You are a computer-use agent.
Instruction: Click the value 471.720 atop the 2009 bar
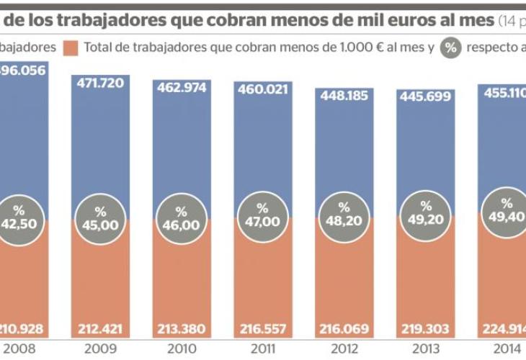click(100, 83)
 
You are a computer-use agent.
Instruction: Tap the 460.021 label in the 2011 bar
click(262, 90)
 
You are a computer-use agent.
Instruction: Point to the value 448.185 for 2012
click(344, 96)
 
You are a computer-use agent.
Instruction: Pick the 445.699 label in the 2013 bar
click(425, 97)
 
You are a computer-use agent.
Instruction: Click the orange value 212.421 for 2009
click(100, 330)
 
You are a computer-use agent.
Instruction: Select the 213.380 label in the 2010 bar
click(181, 330)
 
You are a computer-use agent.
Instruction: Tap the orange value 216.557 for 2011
click(262, 330)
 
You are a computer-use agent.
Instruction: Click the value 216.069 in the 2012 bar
click(344, 330)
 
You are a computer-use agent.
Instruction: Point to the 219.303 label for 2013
click(425, 330)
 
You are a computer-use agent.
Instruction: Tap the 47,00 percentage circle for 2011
click(262, 216)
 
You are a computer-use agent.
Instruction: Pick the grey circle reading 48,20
click(344, 215)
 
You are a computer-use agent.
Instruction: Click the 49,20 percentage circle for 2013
click(425, 213)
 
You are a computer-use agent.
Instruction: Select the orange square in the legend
click(71, 48)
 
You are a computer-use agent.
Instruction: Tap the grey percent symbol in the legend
click(451, 48)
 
